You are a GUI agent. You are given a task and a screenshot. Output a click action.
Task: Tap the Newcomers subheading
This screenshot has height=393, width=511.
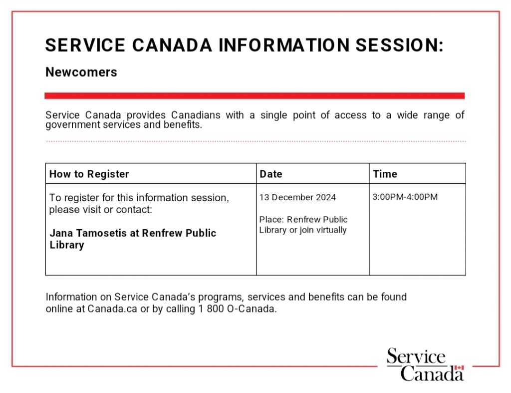coord(81,72)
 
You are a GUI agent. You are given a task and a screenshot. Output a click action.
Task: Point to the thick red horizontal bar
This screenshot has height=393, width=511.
coord(255,95)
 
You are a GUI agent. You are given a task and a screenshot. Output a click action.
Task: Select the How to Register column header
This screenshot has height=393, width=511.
coord(89,174)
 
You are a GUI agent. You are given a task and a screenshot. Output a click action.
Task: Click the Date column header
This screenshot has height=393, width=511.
coord(271,174)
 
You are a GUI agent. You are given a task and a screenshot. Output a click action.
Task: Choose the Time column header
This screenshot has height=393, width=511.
coord(385,174)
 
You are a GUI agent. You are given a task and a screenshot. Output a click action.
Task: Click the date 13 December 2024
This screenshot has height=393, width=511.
coord(297,197)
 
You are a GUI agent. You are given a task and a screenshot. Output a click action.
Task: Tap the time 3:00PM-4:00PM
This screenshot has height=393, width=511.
coord(405,197)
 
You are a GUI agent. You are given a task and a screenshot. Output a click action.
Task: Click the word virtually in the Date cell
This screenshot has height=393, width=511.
coord(331,230)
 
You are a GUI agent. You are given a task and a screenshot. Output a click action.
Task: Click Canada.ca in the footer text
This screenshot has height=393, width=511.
coord(112,309)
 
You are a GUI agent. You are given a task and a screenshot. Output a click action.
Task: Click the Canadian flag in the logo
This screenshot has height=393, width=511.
coord(459,369)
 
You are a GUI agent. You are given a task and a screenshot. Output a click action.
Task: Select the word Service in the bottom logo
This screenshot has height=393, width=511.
coord(416,357)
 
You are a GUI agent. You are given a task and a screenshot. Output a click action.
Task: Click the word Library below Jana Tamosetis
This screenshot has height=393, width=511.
coord(66,245)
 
